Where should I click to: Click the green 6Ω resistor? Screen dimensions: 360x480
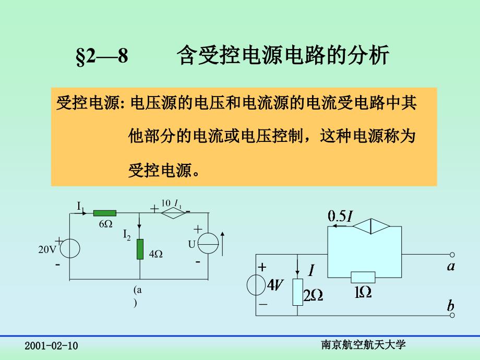pos(105,213)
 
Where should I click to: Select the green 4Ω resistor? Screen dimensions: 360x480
pos(140,249)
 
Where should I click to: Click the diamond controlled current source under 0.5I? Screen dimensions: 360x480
pos(371,226)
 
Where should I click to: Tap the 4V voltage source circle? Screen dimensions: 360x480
pos(256,285)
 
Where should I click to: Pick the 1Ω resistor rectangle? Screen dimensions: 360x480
pos(363,277)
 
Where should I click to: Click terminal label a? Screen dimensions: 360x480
pos(451,267)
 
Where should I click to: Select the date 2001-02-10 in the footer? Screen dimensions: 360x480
pos(51,346)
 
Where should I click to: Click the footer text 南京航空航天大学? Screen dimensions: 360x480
pos(364,344)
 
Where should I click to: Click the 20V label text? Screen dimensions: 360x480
pos(47,249)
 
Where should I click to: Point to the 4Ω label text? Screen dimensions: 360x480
pos(155,255)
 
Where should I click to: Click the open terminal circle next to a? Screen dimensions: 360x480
pos(452,256)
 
